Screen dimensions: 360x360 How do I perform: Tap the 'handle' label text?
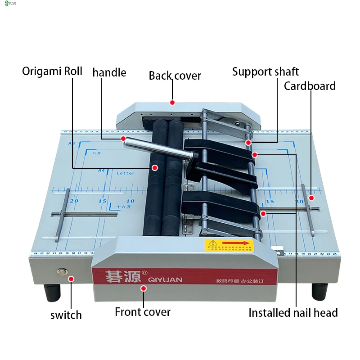point(109,72)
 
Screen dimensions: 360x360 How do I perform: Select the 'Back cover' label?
point(175,76)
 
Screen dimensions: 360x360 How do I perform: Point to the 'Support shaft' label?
point(265,72)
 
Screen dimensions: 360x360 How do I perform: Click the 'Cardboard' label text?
point(310,86)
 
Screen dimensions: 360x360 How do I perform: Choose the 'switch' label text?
point(66,315)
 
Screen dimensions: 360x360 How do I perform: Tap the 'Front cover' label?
point(143,312)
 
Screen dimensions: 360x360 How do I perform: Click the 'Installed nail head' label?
point(293,313)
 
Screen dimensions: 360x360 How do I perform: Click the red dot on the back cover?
point(172,103)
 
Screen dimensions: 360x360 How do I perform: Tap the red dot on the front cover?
point(144,288)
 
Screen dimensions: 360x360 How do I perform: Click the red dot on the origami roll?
point(154,168)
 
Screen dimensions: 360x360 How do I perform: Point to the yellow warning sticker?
point(229,245)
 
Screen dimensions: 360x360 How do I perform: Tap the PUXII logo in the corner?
point(10,4)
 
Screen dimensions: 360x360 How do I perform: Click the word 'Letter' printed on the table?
point(126,173)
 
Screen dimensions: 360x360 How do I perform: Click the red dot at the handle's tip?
point(123,139)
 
